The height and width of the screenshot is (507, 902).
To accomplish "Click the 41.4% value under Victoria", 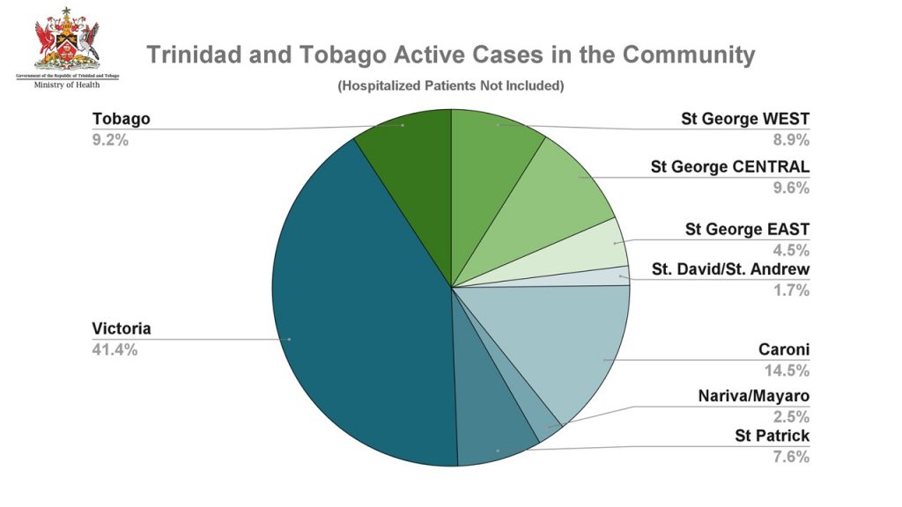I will tap(115, 349).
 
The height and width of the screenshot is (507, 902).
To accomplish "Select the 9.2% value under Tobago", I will tap(110, 139).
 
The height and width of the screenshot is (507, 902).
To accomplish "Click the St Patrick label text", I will tap(772, 436).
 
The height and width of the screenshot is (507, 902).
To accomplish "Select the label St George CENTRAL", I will tap(729, 166).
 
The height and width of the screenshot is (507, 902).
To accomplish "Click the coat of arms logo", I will tap(67, 40).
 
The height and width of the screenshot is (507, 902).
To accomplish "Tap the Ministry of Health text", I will tap(67, 84).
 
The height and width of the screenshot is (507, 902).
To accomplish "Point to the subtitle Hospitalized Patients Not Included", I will tap(450, 86).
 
